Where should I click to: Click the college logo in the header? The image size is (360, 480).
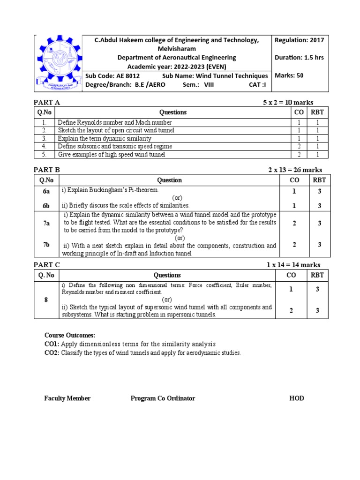coord(59,63)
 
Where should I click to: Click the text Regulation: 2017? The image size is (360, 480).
coord(299,40)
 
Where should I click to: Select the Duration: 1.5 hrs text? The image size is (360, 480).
coord(299,58)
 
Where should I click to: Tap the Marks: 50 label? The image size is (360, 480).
coord(289,75)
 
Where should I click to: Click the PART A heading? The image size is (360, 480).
coord(47,102)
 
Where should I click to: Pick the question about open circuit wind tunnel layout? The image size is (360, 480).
coord(116,130)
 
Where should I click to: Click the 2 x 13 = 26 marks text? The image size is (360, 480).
coord(295,170)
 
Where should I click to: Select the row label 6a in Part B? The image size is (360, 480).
coord(46,191)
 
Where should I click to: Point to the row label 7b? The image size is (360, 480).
coord(46,245)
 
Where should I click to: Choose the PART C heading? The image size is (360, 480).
coord(47,265)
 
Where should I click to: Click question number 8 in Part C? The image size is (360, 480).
coord(46,300)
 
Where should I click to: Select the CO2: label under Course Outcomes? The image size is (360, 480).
coord(52,353)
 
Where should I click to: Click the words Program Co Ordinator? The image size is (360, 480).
coord(163,398)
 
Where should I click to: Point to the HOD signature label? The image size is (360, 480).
coord(297,398)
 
